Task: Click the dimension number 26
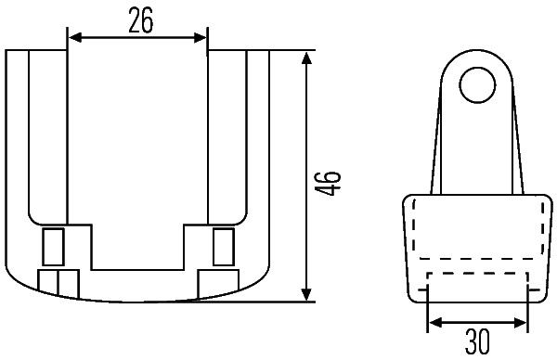coord(141,20)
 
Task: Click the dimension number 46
coord(328,184)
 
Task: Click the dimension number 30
coord(477,341)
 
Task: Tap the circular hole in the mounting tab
coord(477,85)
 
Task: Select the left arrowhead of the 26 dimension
coord(75,37)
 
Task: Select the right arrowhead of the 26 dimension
coord(200,37)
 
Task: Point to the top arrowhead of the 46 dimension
coord(306,58)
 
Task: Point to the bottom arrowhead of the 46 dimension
coord(306,294)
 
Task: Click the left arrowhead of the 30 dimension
coord(435,323)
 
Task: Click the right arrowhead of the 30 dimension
coord(521,323)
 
